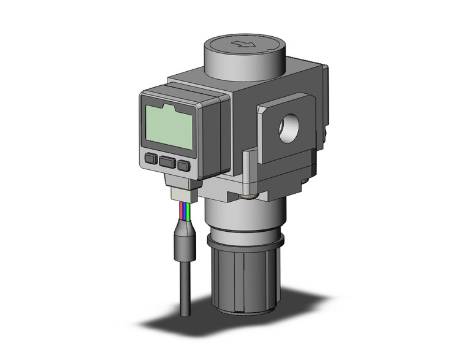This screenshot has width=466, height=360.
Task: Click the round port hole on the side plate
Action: (288, 130)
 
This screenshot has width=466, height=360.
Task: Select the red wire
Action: (181, 212)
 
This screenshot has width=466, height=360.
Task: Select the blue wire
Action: (186, 213)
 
